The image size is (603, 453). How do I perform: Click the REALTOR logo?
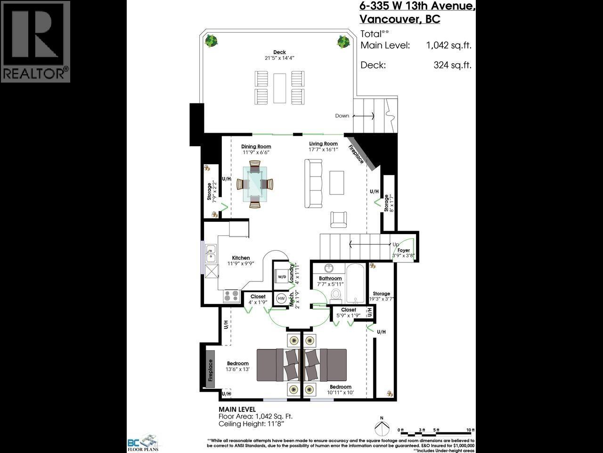click(35, 42)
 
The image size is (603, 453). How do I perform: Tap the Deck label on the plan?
click(279, 52)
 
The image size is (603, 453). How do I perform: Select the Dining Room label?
click(256, 147)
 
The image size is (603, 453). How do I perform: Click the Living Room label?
click(323, 144)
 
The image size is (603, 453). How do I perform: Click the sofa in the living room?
click(313, 184)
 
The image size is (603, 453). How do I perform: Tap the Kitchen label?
click(241, 258)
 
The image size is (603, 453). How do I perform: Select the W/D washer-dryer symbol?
click(281, 277)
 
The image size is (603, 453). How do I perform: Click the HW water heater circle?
click(281, 298)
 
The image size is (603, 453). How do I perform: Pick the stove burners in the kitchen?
click(231, 296)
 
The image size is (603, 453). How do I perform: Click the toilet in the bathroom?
click(336, 294)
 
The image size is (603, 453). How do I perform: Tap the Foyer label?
click(404, 251)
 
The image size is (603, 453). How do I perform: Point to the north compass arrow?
click(382, 428)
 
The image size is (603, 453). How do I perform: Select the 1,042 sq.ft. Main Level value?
click(448, 45)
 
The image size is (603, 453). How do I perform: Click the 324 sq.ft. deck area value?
click(452, 65)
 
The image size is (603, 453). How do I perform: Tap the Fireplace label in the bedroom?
click(211, 370)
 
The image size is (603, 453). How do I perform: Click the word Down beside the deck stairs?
click(342, 116)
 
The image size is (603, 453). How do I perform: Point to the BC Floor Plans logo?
click(144, 444)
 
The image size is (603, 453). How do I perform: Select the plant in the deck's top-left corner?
click(212, 41)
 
